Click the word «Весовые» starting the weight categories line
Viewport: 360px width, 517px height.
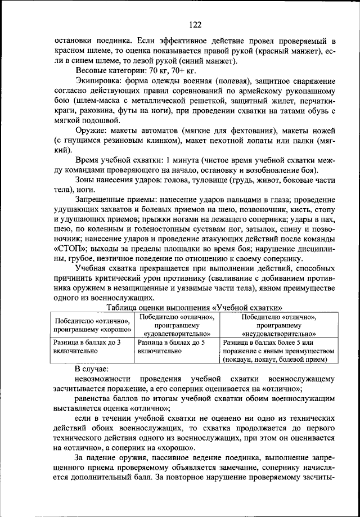point(92,71)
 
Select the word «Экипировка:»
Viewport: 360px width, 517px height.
point(98,82)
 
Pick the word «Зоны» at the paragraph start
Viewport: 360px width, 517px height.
point(85,180)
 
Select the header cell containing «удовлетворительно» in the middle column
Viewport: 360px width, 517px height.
point(177,325)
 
